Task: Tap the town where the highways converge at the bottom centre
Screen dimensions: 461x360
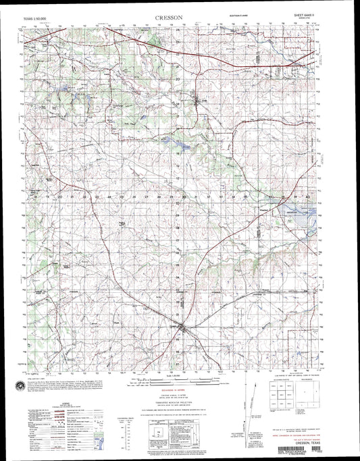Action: tap(180, 329)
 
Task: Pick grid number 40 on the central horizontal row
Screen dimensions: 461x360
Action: tap(307, 196)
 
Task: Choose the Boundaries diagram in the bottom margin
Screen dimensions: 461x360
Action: tap(317, 392)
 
